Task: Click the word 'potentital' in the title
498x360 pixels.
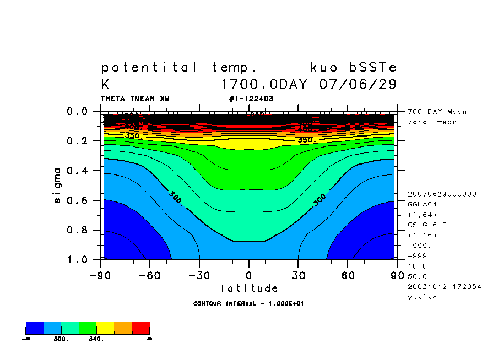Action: point(149,68)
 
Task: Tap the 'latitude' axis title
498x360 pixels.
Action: point(249,288)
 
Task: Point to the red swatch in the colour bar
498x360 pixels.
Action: point(141,328)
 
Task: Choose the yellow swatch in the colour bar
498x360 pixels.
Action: point(105,328)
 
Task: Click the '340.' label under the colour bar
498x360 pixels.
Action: point(96,339)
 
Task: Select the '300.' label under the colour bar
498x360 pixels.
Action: point(60,339)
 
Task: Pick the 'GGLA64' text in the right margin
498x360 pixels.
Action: point(421,204)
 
